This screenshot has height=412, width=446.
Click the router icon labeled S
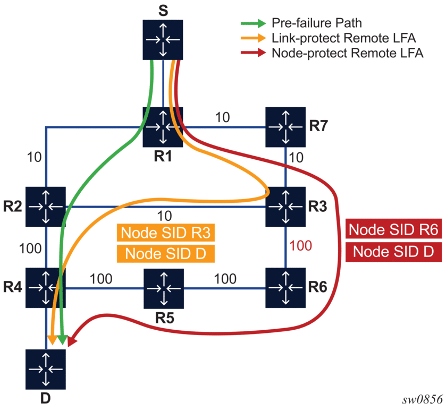click(163, 40)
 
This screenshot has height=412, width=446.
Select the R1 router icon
click(163, 127)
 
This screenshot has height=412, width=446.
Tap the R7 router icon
click(286, 127)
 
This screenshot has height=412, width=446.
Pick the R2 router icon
click(46, 207)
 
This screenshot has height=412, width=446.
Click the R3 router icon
click(286, 207)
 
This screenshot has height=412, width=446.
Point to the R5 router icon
click(164, 288)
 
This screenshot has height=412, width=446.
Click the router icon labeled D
click(46, 369)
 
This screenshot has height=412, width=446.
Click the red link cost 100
click(300, 246)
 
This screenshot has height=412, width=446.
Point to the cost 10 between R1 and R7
click(223, 117)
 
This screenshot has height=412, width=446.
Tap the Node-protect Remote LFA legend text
click(347, 53)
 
